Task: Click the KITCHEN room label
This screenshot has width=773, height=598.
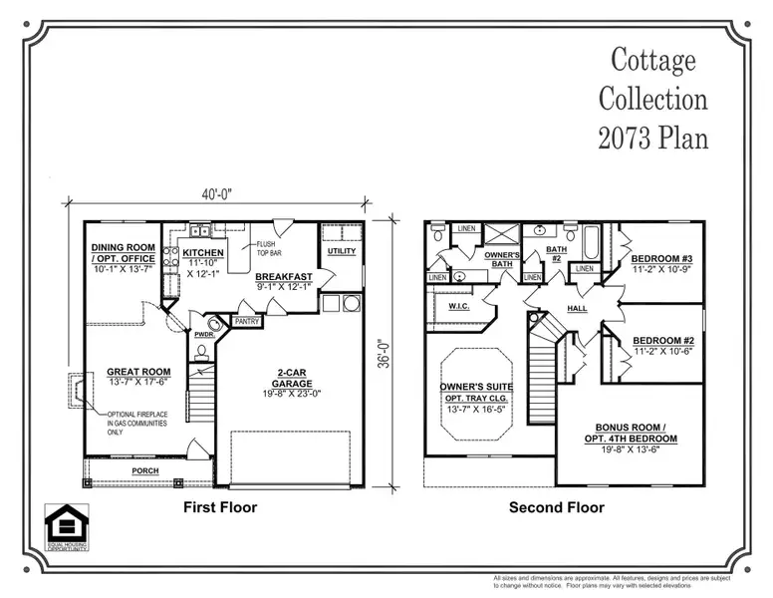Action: [x=202, y=253]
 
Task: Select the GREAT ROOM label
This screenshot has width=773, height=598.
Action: [x=138, y=372]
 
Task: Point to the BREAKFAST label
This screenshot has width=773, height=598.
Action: [x=284, y=276]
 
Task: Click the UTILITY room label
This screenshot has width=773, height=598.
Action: [x=341, y=251]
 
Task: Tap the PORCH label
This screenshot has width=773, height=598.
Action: [x=145, y=469]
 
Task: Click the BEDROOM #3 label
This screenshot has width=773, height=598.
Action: [x=661, y=258]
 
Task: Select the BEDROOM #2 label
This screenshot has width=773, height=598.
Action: [x=662, y=339]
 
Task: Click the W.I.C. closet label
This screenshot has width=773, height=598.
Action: [x=458, y=306]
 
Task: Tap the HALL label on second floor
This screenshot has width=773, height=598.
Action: [x=578, y=308]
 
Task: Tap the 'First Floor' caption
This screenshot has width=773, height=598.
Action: [x=220, y=507]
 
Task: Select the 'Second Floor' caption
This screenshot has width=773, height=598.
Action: [x=556, y=507]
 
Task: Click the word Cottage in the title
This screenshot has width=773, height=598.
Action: [x=652, y=61]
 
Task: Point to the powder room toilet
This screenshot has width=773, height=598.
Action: [x=213, y=325]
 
